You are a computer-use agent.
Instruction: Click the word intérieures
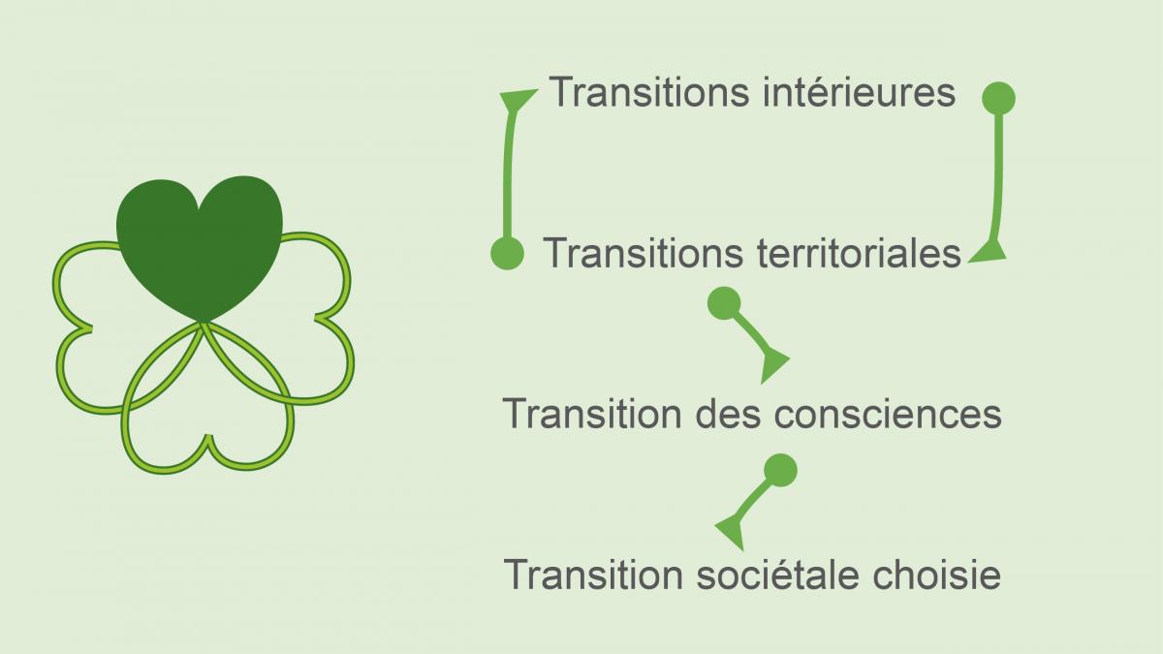[860, 92]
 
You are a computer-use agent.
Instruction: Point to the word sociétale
[776, 575]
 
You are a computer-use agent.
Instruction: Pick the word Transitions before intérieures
[649, 92]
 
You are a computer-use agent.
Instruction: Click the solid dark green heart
[200, 244]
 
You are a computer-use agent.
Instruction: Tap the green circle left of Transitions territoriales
[507, 253]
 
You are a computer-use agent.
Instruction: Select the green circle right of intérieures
[999, 98]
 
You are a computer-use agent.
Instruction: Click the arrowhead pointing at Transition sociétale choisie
[731, 532]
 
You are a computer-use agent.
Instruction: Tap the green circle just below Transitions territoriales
[724, 303]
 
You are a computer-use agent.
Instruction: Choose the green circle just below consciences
[781, 470]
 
